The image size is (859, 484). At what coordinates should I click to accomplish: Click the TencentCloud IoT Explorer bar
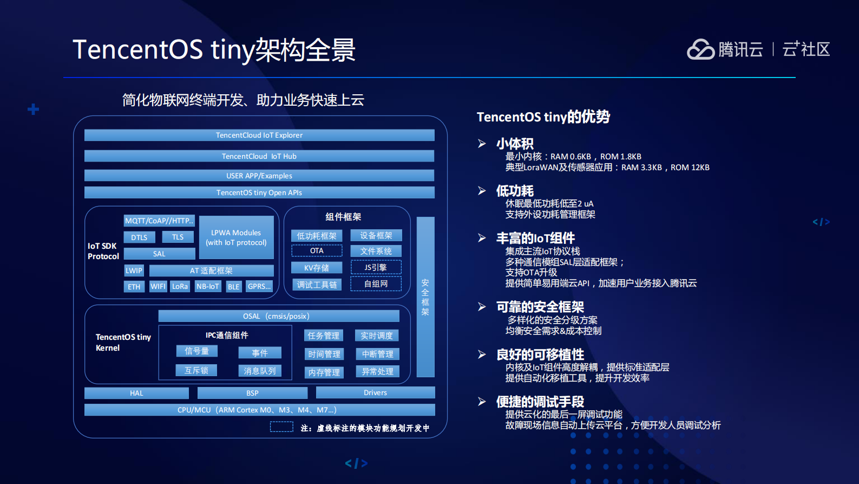[x=259, y=135]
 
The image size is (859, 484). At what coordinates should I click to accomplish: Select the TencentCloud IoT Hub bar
[x=259, y=156]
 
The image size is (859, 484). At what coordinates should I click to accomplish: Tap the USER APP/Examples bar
[x=259, y=176]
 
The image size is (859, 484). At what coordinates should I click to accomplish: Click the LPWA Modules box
[x=236, y=238]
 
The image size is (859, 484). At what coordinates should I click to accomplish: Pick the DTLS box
[x=139, y=237]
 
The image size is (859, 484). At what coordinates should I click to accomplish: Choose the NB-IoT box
[x=208, y=286]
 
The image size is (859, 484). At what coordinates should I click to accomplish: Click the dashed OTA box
[x=317, y=250]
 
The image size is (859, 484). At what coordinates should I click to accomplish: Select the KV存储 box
[x=317, y=268]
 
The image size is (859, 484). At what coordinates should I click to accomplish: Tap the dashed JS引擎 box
[x=376, y=268]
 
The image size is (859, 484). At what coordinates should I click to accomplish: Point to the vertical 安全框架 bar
[x=425, y=296]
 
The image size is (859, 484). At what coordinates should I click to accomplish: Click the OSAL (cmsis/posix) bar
[x=279, y=316]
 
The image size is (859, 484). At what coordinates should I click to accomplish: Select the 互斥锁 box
[x=196, y=370]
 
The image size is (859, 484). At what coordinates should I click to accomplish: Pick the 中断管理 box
[x=378, y=354]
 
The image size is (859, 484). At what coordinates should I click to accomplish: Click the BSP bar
[x=252, y=393]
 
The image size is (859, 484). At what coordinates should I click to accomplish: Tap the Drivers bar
[x=375, y=392]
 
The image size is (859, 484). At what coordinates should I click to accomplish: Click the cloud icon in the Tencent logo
[x=701, y=49]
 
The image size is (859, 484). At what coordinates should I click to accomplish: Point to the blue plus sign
[x=33, y=109]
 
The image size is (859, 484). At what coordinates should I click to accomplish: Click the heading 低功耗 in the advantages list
[x=515, y=191]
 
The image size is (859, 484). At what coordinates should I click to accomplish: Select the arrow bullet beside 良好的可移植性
[x=482, y=354]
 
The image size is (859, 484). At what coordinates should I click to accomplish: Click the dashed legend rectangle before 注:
[x=281, y=427]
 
